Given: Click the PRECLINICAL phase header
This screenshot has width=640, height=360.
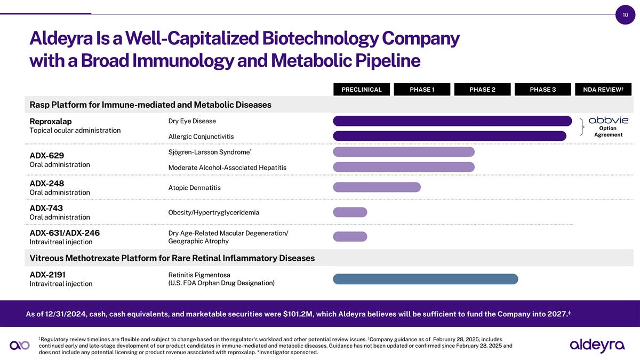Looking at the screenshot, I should coord(362,90).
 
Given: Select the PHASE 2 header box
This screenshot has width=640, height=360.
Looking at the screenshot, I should coord(482,90).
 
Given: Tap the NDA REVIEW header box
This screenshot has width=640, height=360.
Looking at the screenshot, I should coord(603,90).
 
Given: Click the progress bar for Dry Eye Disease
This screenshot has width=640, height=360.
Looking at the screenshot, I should coord(452,121).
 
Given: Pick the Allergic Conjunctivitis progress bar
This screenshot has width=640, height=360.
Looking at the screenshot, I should coord(449,136).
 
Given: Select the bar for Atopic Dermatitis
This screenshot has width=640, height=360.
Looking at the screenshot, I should coord(377,187).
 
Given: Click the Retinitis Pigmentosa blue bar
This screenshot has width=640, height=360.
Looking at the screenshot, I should coord(425,279).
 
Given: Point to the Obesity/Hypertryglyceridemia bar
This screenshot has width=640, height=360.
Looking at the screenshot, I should coord(350,212).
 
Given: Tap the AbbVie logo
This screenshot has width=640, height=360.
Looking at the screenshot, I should coord(608,120).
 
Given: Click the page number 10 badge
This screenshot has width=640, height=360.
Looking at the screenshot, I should coord(625,15).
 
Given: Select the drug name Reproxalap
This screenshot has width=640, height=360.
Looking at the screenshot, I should coord(51,121).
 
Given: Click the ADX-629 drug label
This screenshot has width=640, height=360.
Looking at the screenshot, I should coord(47,155).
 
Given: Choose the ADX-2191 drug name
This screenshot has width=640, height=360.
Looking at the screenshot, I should coord(47,275).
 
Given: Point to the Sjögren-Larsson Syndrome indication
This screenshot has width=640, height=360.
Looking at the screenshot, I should coord(209,153).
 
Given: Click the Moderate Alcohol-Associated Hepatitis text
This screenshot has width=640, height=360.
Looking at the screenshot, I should coord(227,167).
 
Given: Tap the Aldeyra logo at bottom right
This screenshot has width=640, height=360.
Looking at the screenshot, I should coord(597,345).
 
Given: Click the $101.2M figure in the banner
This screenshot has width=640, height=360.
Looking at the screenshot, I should coord(298,314).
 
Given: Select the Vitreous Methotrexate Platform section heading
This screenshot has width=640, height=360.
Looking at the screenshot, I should coord(172,258).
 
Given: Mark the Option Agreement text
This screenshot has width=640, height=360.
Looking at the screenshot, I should coord(608,131).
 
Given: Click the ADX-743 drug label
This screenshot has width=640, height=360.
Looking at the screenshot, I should coord(47,208).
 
